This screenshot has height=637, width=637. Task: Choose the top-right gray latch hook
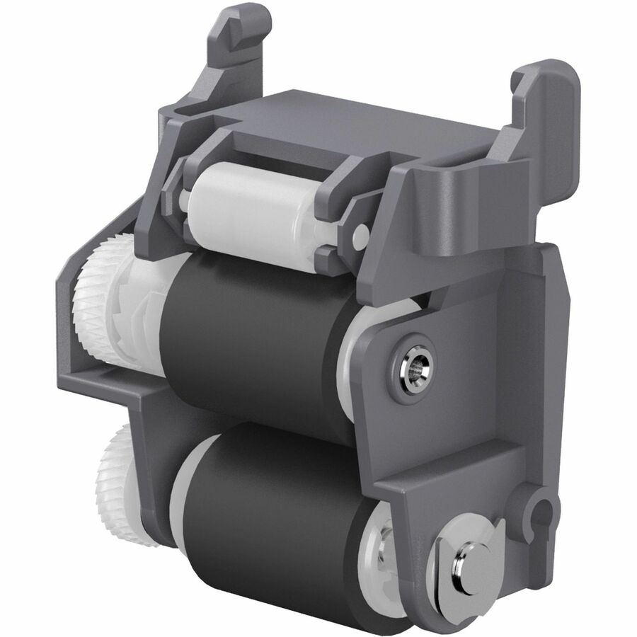pyautogui.click(x=545, y=106)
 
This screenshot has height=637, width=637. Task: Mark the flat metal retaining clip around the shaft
pyautogui.click(x=453, y=559)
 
